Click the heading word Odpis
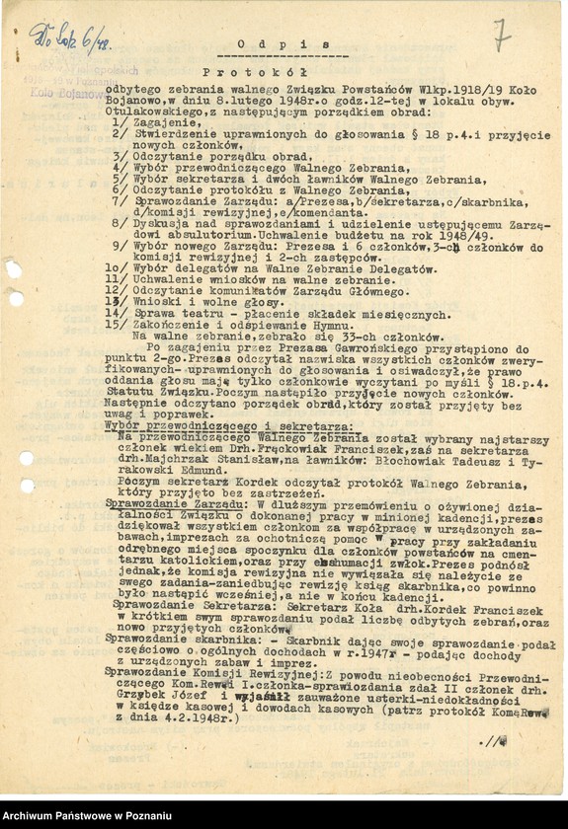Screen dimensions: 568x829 click(x=284, y=44)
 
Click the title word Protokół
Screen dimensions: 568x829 click(x=255, y=72)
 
